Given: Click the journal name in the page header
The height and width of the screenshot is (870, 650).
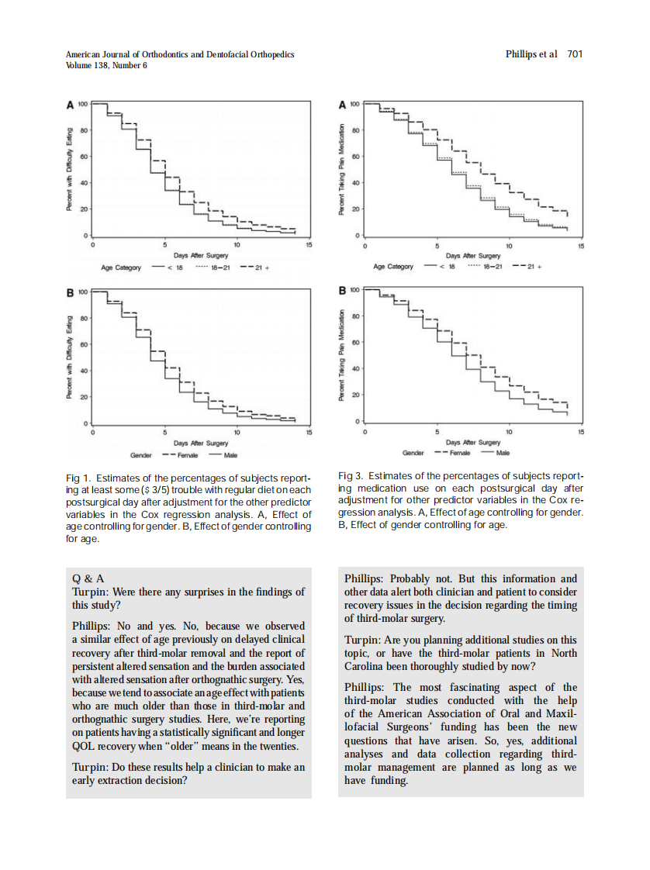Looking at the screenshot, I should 180,54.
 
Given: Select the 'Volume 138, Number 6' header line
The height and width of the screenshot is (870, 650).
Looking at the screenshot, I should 106,65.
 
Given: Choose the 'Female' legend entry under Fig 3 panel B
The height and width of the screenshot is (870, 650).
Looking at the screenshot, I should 461,453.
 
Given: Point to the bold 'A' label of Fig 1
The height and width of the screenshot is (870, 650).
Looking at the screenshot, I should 70,105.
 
